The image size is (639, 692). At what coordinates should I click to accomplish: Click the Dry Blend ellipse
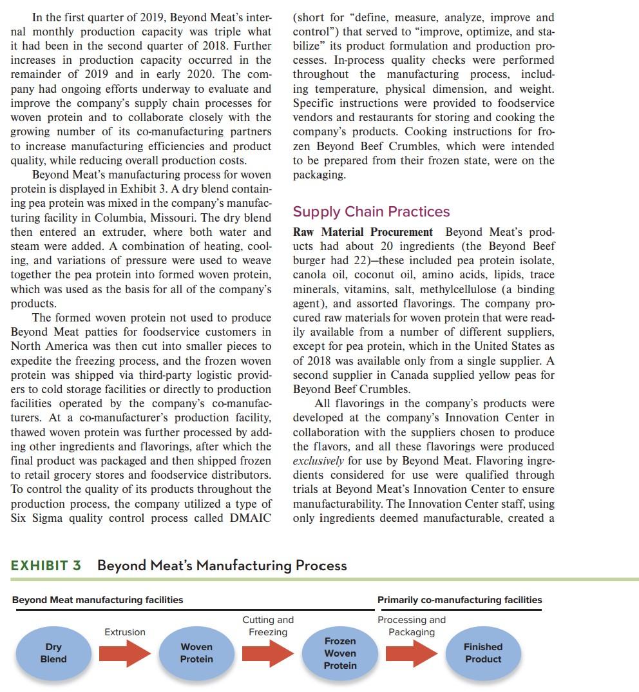(53, 653)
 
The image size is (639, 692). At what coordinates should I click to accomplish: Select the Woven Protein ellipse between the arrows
(196, 653)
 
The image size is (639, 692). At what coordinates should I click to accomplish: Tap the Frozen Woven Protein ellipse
(340, 653)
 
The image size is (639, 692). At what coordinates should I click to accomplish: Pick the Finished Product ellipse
(483, 653)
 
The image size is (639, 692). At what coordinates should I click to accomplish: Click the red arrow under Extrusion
(125, 653)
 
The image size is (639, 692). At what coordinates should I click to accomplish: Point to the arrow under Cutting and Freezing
(268, 653)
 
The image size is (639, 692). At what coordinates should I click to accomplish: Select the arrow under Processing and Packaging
(412, 653)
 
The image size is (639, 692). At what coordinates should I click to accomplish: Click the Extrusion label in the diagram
(125, 632)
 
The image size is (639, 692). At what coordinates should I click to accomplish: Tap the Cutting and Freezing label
(268, 626)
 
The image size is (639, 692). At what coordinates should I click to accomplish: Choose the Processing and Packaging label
(412, 626)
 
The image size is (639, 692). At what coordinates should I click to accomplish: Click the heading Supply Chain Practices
(371, 212)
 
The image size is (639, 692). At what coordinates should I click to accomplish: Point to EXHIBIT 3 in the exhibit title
(46, 566)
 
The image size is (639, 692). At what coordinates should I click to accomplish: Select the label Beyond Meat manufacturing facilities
(97, 600)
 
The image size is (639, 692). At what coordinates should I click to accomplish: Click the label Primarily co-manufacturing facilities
(459, 600)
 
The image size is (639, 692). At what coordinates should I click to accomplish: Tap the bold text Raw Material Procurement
(363, 232)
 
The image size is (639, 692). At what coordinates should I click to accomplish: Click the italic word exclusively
(318, 461)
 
